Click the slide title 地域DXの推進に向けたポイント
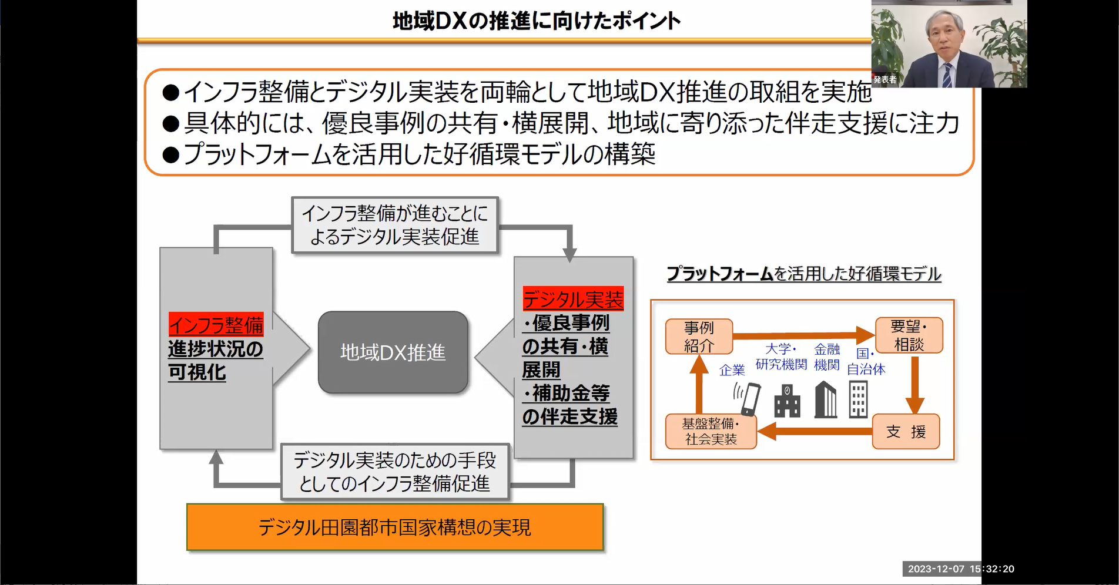[537, 21]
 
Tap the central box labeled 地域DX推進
[393, 352]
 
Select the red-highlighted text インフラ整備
[216, 324]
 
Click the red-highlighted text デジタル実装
[573, 298]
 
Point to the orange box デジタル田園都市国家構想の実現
[395, 527]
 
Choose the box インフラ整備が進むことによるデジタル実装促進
[395, 225]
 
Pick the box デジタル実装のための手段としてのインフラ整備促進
[395, 472]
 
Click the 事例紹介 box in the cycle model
[699, 337]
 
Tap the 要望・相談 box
[909, 335]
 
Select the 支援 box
[906, 432]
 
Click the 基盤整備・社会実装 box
[711, 432]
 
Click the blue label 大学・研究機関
[781, 357]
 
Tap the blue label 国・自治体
[866, 361]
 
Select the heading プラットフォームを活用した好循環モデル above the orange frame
[803, 274]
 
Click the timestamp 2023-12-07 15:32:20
[961, 569]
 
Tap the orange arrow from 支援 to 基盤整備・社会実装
[815, 432]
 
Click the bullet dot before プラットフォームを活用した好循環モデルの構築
[170, 154]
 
